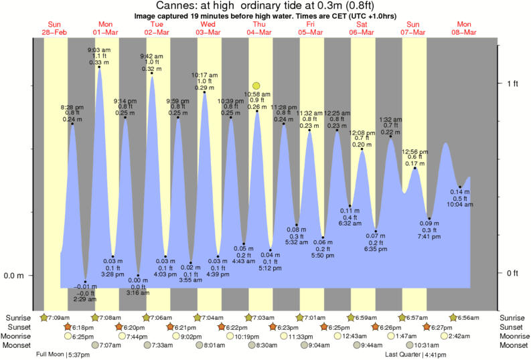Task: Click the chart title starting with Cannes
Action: point(265,6)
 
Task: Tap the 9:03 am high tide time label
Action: point(98,50)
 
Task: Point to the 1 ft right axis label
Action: point(513,83)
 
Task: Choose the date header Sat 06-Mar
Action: point(362,28)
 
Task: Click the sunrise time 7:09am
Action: point(58,317)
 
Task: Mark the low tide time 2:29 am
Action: point(85,298)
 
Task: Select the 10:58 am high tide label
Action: point(257,95)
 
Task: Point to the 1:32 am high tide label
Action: point(391,120)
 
